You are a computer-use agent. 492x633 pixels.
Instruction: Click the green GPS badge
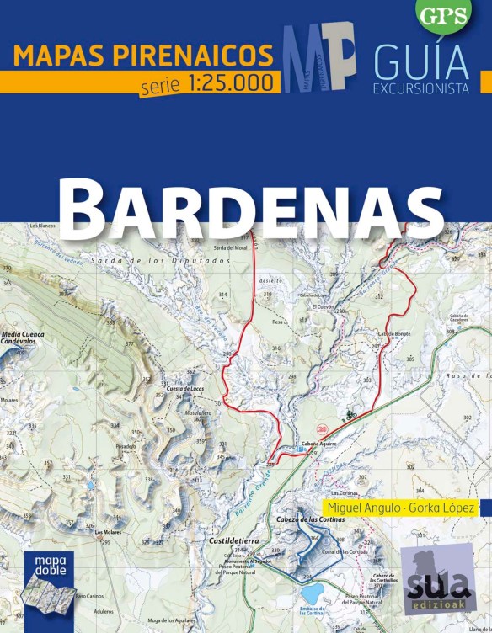pos(444,14)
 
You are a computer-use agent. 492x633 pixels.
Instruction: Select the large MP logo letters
pos(318,57)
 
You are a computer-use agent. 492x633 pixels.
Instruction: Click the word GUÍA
pos(420,62)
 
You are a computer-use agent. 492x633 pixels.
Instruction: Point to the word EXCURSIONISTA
pos(421,88)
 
